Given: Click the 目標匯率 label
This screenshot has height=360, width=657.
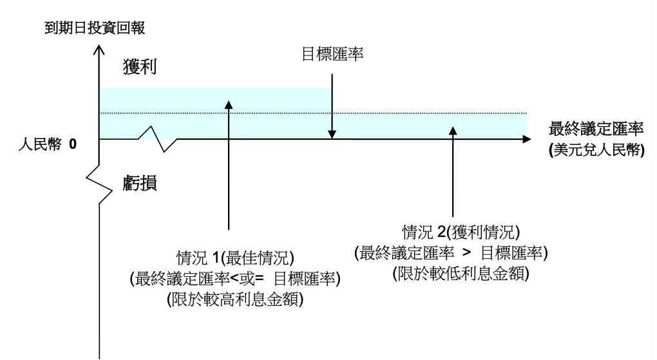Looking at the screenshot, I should (332, 55).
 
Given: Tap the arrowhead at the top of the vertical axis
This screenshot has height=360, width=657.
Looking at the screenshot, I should (99, 50).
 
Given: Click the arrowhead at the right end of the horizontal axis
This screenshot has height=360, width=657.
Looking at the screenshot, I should (527, 139).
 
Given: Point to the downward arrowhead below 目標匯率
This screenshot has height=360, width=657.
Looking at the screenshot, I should (332, 134).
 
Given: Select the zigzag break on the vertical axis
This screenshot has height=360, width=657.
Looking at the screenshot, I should (99, 187).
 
